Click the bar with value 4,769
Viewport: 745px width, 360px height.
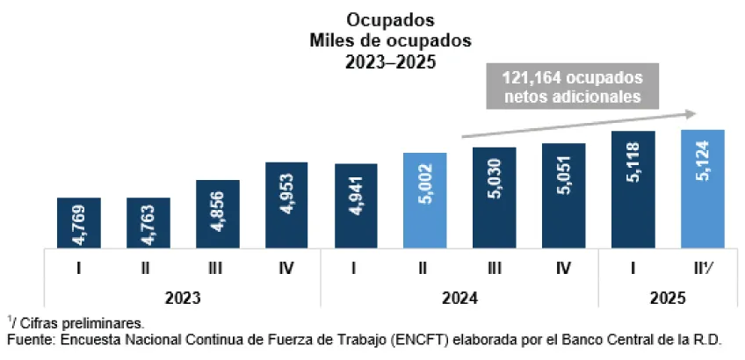point(79,222)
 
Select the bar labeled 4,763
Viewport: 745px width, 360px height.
point(148,222)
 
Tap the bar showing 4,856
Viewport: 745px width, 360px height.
point(218,213)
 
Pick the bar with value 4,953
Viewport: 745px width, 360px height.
point(286,205)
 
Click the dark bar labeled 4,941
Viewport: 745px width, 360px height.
point(356,205)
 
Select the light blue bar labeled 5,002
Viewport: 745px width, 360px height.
point(425,200)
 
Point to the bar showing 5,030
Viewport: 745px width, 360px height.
point(495,198)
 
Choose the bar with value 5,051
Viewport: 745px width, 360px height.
point(564,195)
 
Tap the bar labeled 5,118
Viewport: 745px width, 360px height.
point(633,189)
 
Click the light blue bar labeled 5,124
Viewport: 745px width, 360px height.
point(703,189)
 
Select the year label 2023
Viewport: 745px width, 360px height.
point(182,298)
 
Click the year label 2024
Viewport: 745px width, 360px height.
point(459,298)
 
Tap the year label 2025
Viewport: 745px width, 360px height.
point(668,298)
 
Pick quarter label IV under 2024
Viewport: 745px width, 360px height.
point(564,269)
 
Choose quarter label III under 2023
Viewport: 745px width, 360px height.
point(218,269)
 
